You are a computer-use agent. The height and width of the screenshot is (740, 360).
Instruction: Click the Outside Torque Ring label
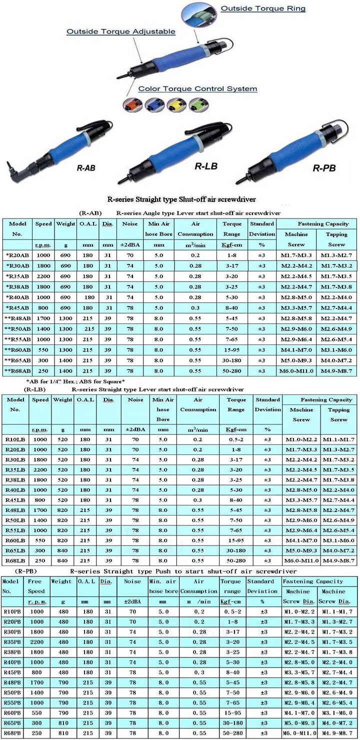coord(262,8)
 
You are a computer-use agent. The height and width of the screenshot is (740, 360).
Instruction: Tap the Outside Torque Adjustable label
coord(121,31)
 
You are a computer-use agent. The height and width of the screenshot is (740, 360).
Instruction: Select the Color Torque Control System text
coord(197,89)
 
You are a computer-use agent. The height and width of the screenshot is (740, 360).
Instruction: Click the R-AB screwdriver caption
coord(86,168)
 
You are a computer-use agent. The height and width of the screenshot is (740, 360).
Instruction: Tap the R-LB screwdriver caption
coord(205,165)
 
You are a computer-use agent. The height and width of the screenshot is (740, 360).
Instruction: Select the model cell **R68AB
coord(17,370)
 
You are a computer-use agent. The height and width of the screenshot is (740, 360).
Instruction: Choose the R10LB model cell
coord(15,439)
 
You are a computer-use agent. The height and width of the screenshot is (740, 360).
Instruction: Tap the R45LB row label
coord(15,499)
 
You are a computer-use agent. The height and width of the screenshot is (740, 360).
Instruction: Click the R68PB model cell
coord(12,732)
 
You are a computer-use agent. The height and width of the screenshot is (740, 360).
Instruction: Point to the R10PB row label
coord(12,611)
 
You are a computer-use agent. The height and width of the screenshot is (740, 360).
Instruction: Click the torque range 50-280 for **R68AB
coord(233,370)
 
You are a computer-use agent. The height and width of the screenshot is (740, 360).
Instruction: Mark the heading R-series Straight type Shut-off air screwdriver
coord(180,198)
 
